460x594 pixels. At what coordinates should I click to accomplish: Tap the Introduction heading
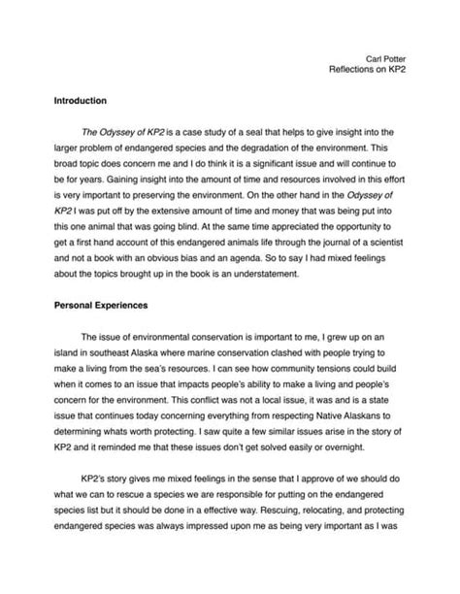[x=81, y=100]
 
